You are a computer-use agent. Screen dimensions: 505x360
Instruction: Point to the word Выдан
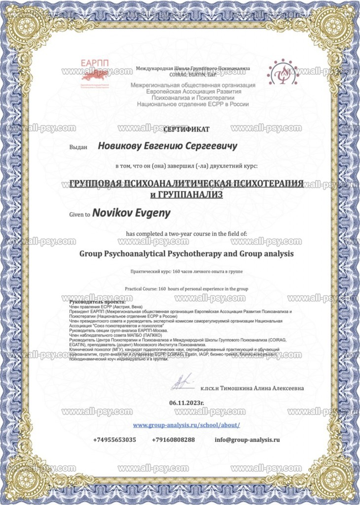[78, 147]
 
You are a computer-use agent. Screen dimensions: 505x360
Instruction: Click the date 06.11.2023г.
[186, 403]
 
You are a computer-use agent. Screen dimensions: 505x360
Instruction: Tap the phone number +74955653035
[114, 439]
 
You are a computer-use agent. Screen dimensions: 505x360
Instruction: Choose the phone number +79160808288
[173, 439]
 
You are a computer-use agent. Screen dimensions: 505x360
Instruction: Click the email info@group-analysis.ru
[247, 439]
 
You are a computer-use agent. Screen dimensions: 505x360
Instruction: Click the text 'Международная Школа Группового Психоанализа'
[193, 69]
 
